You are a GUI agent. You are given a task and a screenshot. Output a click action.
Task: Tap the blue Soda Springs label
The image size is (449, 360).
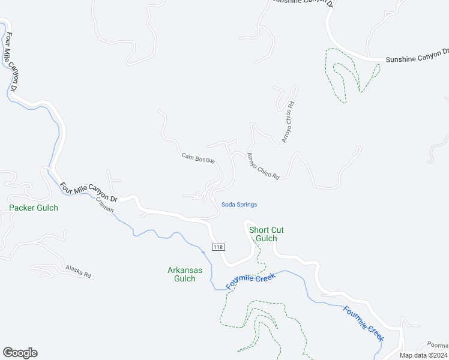pyautogui.click(x=239, y=205)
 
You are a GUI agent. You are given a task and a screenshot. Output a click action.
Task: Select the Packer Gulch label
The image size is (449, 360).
pyautogui.click(x=34, y=208)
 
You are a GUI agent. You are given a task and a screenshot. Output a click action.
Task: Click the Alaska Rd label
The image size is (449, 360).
pyautogui.click(x=78, y=272)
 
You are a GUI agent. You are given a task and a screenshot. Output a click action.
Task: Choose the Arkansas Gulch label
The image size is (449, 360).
pyautogui.click(x=185, y=274)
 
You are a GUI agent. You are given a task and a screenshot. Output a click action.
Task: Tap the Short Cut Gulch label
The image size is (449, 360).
pyautogui.click(x=266, y=234)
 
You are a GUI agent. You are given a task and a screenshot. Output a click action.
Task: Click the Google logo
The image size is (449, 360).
pyautogui.click(x=20, y=353)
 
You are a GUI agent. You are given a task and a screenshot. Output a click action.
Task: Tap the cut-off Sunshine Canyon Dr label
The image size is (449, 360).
pyautogui.click(x=301, y=2)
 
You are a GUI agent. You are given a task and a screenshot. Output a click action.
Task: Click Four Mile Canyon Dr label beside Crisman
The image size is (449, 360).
pyautogui.click(x=91, y=191)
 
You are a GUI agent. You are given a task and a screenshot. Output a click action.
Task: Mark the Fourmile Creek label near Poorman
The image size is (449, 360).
pyautogui.click(x=363, y=324)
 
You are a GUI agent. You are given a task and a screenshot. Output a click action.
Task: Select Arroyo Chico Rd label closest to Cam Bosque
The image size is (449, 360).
pyautogui.click(x=263, y=166)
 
